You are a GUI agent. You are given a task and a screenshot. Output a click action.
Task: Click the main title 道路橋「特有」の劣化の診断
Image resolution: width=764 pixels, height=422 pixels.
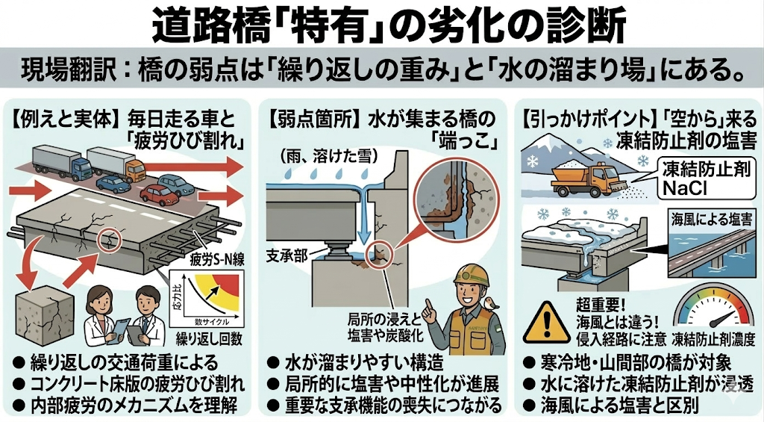(382, 26)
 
